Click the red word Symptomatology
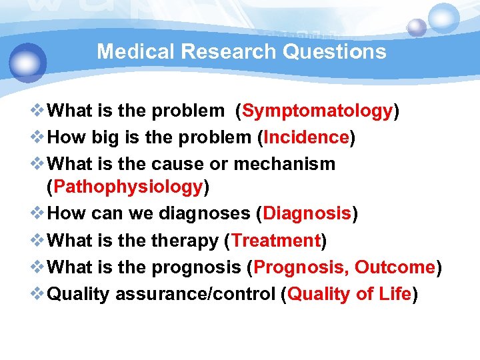[x=317, y=111]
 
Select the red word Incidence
[x=306, y=137]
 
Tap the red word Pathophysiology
[x=127, y=187]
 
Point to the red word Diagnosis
[x=307, y=213]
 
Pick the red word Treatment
[x=276, y=240]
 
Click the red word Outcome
[x=395, y=267]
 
